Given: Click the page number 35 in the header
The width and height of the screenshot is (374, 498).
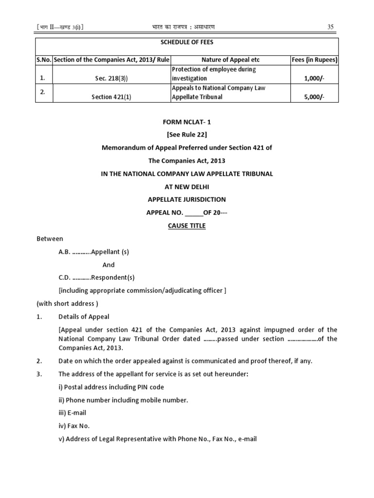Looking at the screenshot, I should [x=330, y=27].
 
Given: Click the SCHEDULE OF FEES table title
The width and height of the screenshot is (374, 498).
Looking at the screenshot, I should [x=187, y=42].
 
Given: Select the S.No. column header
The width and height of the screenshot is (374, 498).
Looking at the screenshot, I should [x=44, y=60].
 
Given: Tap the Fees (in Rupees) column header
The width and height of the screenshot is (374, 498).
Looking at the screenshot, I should [x=314, y=60].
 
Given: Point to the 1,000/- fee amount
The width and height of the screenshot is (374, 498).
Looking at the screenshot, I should [x=314, y=78].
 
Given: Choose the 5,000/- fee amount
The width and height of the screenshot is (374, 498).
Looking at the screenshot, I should [x=314, y=97].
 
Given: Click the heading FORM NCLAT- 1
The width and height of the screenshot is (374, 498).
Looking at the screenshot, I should [x=187, y=122].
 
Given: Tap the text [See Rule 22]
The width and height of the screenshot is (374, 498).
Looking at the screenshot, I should [x=187, y=135].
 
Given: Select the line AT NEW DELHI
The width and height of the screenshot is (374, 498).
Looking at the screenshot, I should [x=187, y=187].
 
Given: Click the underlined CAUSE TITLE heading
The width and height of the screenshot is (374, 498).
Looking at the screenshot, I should [x=187, y=226].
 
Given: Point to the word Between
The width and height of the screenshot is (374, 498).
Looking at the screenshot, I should [x=50, y=239].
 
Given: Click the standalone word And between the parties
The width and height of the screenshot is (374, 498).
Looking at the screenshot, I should [x=109, y=265].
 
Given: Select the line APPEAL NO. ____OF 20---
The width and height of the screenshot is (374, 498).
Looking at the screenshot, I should [x=187, y=213].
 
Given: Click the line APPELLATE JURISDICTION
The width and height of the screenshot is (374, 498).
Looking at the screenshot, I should [x=187, y=199].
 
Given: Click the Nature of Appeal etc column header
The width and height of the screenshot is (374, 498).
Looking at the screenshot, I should [x=230, y=60].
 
